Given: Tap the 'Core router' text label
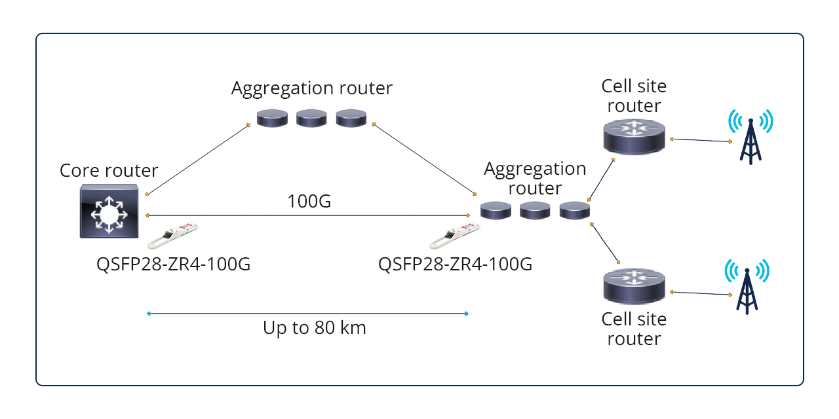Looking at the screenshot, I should pos(109,171).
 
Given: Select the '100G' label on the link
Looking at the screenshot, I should pos(309,201).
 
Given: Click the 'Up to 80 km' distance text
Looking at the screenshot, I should pos(315,327).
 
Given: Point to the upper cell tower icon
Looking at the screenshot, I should pos(751,136).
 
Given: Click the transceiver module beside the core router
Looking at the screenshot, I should pos(172,236).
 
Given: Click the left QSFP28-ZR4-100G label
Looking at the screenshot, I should pos(173,264).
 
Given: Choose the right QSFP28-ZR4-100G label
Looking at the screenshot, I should pos(456,264).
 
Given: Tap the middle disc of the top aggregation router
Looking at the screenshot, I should pos(311,118).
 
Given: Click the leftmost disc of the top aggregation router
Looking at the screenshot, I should pos(271,118).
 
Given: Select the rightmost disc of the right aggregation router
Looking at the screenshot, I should pos(575,210).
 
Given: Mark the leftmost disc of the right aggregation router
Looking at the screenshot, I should pos(495,210).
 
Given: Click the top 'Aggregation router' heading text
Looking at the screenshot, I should pos(311,88).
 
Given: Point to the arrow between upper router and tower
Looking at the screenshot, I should pos(700,139).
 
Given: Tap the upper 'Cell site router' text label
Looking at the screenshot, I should pos(634,96).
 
